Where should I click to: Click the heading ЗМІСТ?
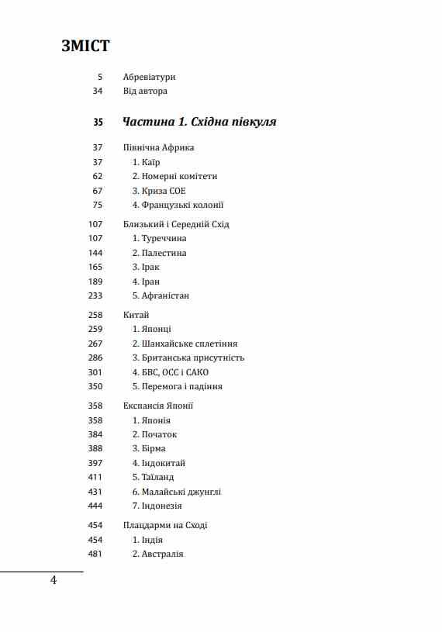pos(85,46)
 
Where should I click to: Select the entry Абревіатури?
pos(149,77)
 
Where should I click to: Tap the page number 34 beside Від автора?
pos(97,92)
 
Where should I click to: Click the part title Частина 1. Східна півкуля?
pos(199,122)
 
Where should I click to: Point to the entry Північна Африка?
pos(158,147)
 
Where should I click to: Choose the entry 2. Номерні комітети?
pos(174,176)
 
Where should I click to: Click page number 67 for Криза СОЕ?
pos(97,191)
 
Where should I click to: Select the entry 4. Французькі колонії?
pos(178,205)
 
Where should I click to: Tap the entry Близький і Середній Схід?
pos(176,224)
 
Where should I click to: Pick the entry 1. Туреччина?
pos(159,239)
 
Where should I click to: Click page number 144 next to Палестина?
pos(95,253)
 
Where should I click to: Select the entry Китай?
pos(136,315)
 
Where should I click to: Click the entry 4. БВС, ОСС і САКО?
pos(170,372)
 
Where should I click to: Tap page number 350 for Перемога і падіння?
pos(95,386)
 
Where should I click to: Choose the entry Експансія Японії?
pos(157,406)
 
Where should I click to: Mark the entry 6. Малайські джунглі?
pos(176,492)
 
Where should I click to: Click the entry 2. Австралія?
pos(157,554)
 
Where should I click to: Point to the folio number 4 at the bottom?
pos(54,581)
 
